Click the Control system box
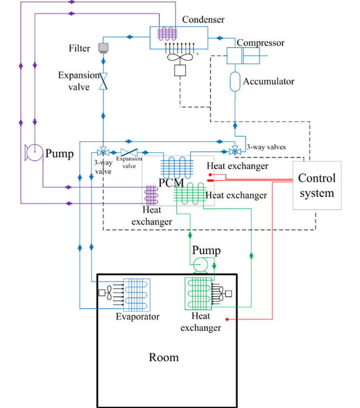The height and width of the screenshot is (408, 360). [316, 185]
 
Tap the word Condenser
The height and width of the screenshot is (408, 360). [203, 20]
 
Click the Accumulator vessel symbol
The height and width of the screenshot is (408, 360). [235, 81]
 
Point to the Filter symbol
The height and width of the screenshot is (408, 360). [103, 48]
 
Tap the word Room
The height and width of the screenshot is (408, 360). [163, 357]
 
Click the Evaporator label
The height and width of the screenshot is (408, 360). [137, 317]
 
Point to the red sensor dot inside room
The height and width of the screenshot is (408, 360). [227, 319]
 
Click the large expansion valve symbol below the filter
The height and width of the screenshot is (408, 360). [103, 81]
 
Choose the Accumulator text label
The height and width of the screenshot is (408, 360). [269, 81]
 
